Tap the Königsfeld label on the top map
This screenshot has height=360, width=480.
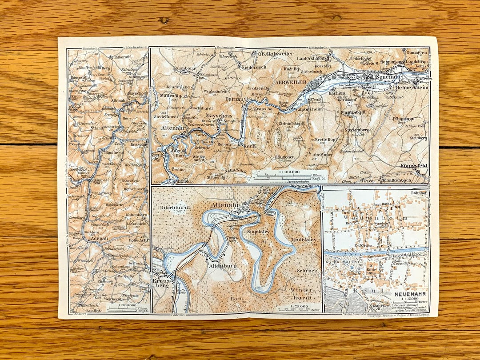(411, 165)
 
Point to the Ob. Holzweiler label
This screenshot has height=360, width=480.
(276, 54)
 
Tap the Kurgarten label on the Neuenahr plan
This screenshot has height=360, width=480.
(347, 258)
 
